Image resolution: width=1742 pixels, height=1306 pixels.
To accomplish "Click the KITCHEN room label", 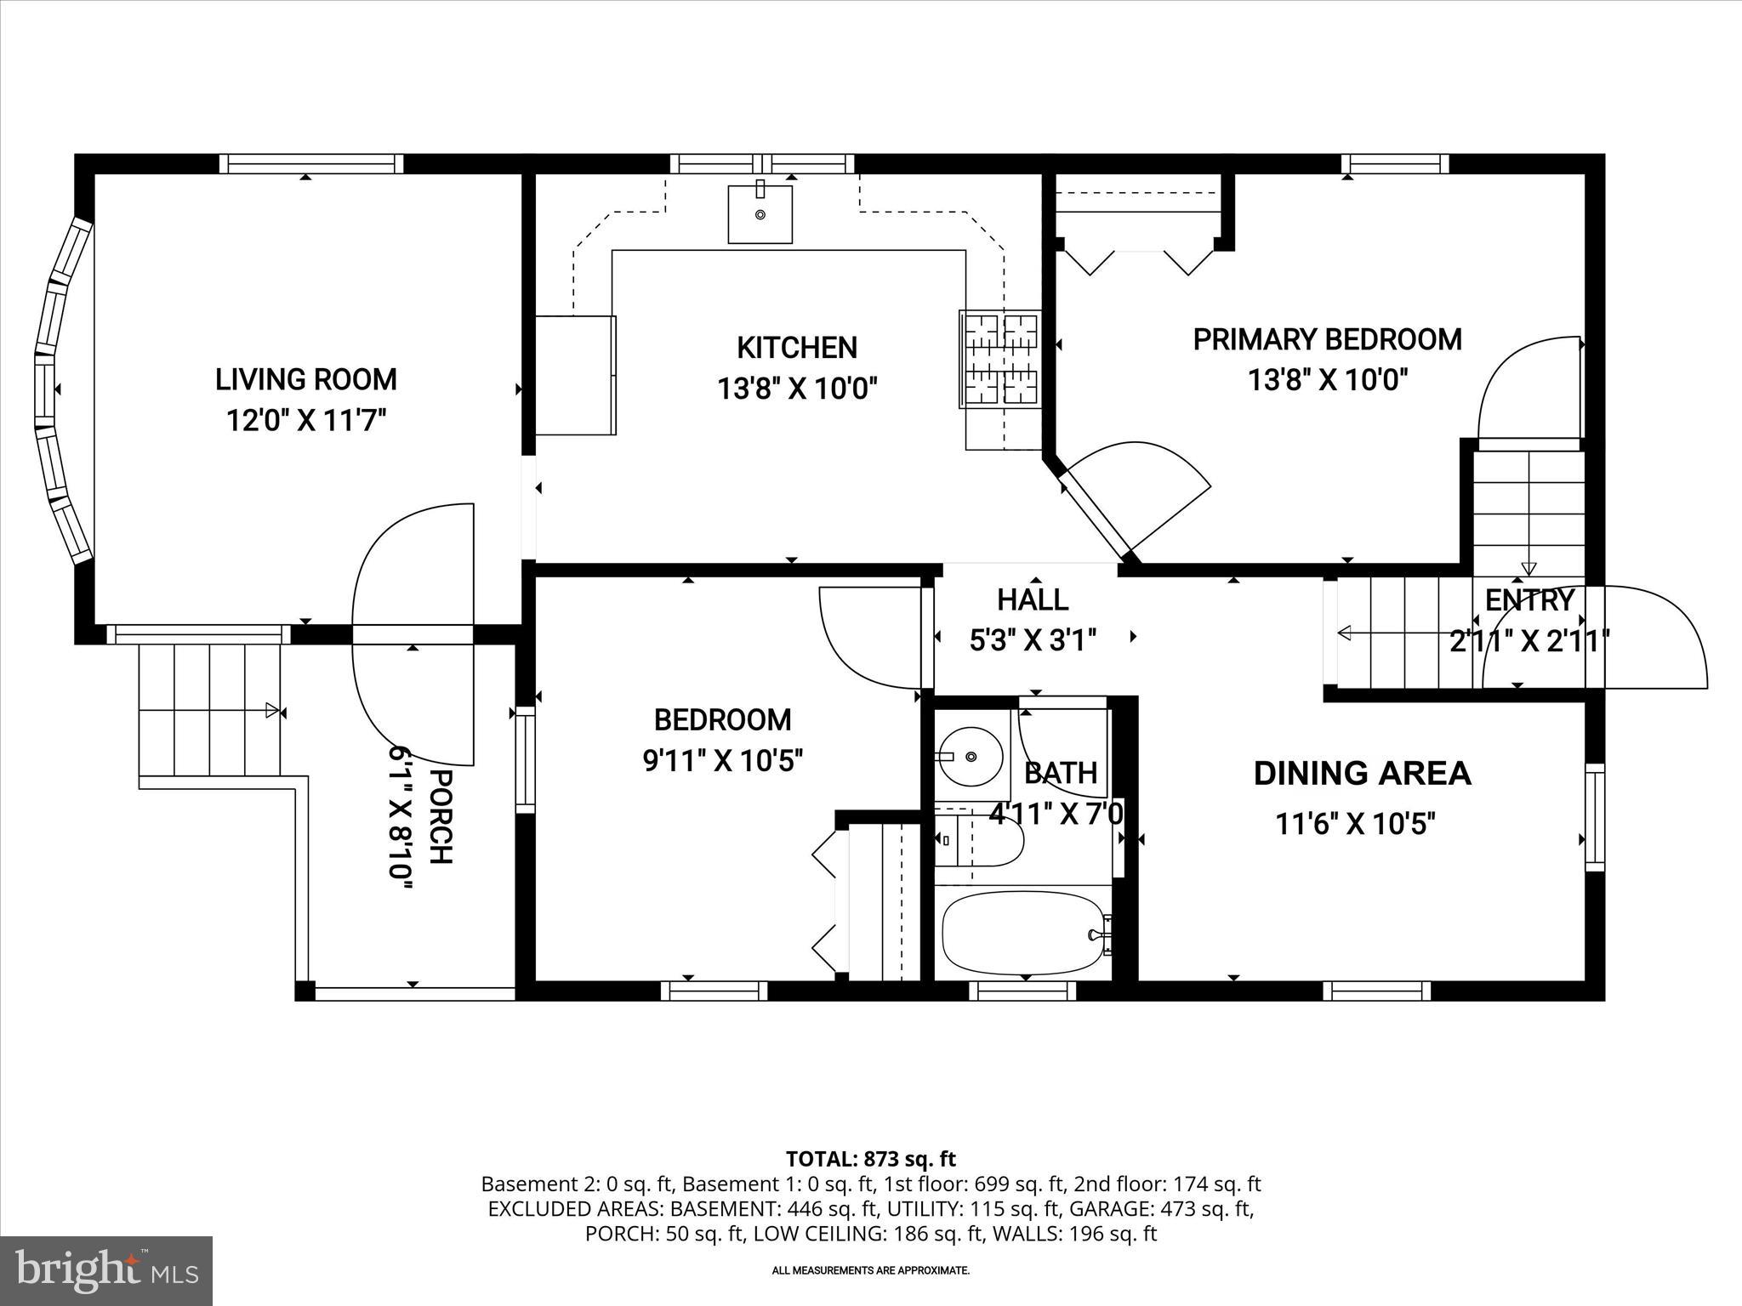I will tap(796, 348).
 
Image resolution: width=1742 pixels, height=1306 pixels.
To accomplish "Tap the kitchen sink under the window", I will tap(760, 213).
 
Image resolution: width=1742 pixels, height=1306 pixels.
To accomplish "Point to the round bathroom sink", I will tap(971, 756).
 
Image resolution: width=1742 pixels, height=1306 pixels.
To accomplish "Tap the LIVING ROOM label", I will tap(305, 379).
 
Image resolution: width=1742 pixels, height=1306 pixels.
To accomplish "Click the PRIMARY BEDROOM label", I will tap(1326, 339).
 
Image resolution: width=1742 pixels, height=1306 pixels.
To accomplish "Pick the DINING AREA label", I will tap(1362, 773).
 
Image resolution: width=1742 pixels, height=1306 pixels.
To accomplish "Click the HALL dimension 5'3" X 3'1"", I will tap(1033, 639).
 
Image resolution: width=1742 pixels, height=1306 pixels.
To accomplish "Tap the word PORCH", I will tap(440, 816).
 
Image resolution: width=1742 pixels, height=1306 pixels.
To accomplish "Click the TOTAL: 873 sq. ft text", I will tap(870, 1159).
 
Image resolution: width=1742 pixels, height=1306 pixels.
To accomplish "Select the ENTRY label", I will tap(1529, 600).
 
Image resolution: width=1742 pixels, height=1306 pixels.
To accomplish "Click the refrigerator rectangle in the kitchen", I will tap(575, 375).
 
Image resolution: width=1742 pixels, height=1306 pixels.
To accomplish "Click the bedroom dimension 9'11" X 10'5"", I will tap(722, 760).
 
